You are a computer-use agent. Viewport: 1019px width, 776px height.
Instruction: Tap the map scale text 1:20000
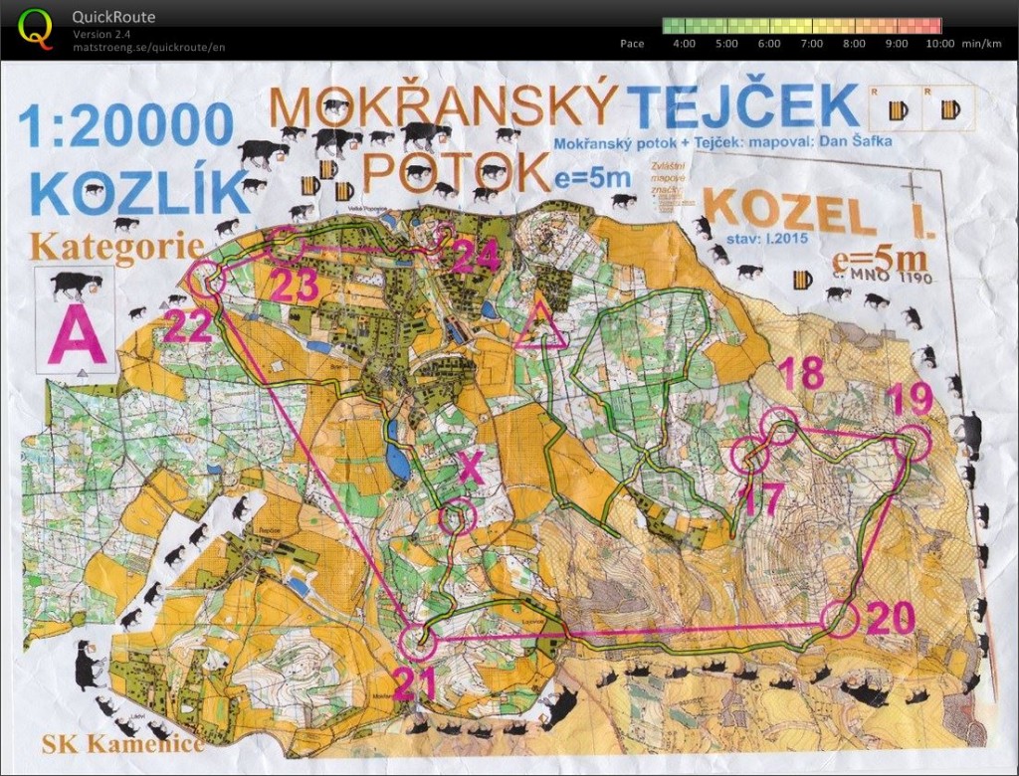(x=125, y=125)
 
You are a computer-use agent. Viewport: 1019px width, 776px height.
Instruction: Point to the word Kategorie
(x=117, y=246)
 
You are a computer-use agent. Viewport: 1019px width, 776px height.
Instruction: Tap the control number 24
(x=475, y=257)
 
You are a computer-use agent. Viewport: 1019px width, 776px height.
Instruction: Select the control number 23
(x=295, y=286)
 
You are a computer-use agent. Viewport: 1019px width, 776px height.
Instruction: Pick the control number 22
(x=187, y=325)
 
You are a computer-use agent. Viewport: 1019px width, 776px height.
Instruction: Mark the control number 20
(x=890, y=619)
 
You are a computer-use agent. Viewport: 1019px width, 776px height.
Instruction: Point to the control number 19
(x=908, y=398)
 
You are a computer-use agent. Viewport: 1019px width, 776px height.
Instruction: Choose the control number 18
(x=801, y=375)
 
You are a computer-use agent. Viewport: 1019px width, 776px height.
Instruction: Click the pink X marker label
(x=471, y=468)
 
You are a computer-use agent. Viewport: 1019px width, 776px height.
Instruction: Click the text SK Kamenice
(x=122, y=742)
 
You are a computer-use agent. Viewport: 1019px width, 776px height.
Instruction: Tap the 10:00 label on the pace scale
(x=939, y=44)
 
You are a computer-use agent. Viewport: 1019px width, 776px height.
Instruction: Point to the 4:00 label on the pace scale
(x=684, y=44)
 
